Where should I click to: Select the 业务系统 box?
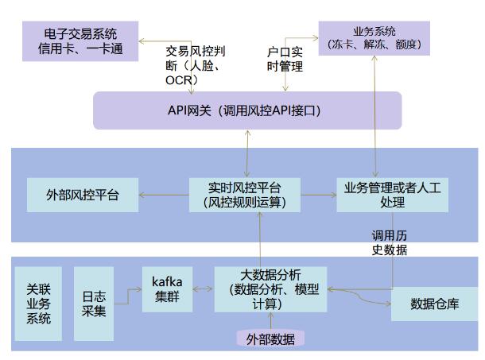[374, 38]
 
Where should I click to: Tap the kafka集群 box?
[167, 289]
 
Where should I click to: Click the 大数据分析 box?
[270, 289]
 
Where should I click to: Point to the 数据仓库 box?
[434, 304]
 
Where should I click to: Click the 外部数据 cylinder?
[270, 339]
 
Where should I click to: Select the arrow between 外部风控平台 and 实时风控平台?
[162, 193]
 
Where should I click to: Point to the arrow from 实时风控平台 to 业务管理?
[318, 193]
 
